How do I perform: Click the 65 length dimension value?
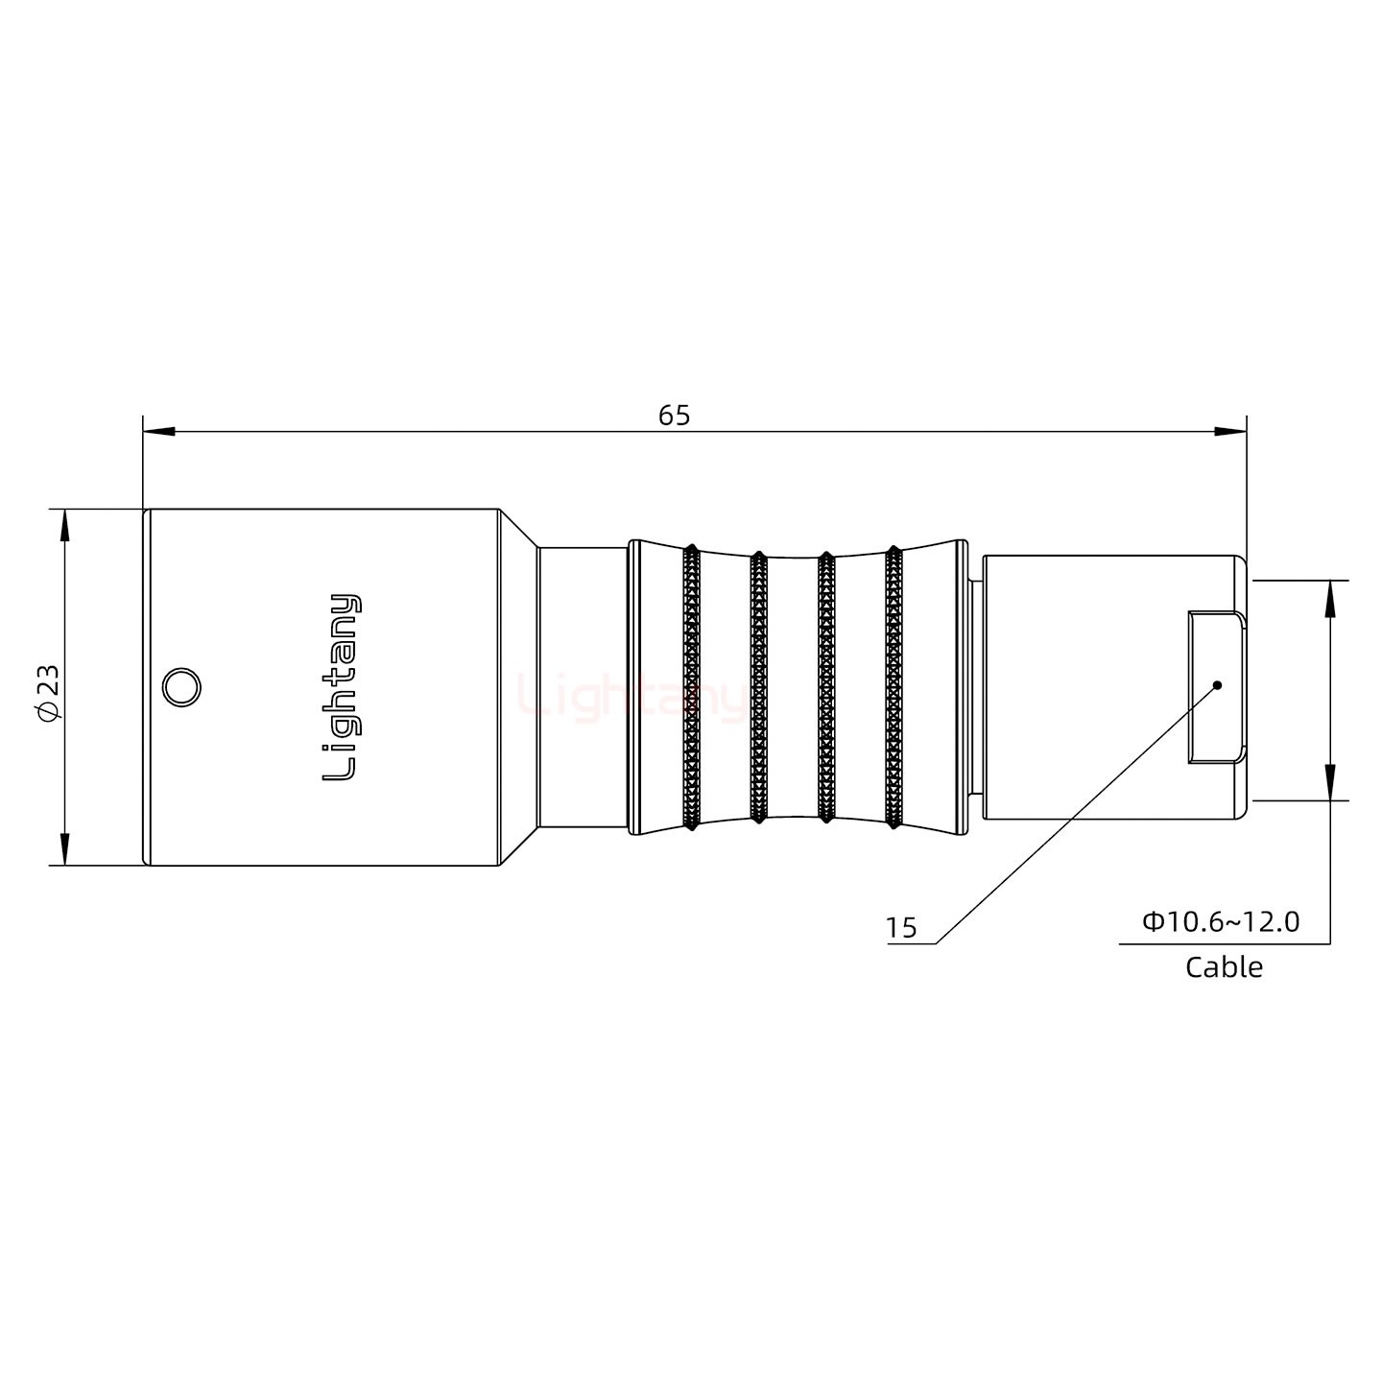pos(674,416)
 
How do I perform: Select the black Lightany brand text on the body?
pos(342,687)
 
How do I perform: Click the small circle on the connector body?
pos(180,688)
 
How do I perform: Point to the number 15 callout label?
pos(901,928)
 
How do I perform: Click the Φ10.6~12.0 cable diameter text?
pos(1220,922)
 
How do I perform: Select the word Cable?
pos(1224,966)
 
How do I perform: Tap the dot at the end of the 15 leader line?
pos(1217,685)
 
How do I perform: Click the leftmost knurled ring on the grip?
pos(691,687)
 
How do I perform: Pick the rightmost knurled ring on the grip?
pos(894,687)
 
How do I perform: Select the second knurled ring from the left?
pos(758,687)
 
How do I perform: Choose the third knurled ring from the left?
pos(824,687)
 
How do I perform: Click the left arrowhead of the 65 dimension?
pos(158,432)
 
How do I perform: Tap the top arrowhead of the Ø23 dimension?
pos(64,525)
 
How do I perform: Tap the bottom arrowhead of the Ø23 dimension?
pos(64,849)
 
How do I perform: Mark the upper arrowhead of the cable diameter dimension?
pos(1330,597)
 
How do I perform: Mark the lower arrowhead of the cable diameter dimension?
pos(1330,783)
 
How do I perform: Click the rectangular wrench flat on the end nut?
pos(1216,687)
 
